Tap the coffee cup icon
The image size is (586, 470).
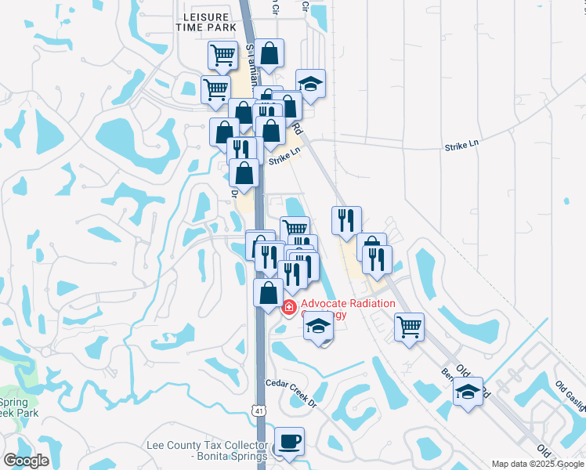(x=289, y=441)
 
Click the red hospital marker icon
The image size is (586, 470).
(x=289, y=308)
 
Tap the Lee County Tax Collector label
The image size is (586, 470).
(x=208, y=450)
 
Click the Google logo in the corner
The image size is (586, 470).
(x=26, y=461)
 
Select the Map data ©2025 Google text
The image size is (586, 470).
(x=537, y=464)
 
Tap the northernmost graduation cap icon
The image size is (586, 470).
(x=310, y=84)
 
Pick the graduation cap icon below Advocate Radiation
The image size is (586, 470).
(x=318, y=326)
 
